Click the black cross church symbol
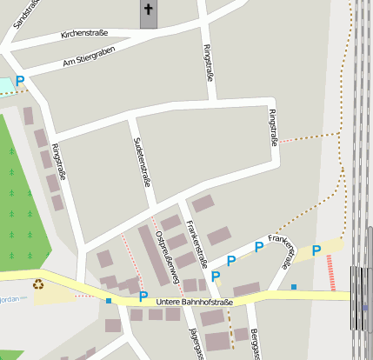[148, 10]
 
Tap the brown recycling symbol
[38, 283]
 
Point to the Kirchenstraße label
[84, 34]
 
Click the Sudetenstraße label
[141, 162]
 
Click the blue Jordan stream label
[8, 297]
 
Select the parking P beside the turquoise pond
[19, 81]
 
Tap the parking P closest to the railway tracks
[316, 250]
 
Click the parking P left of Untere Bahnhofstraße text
[143, 296]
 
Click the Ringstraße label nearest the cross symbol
[207, 62]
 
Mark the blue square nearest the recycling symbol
[109, 300]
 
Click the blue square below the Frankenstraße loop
[294, 287]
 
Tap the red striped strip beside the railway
[330, 271]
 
